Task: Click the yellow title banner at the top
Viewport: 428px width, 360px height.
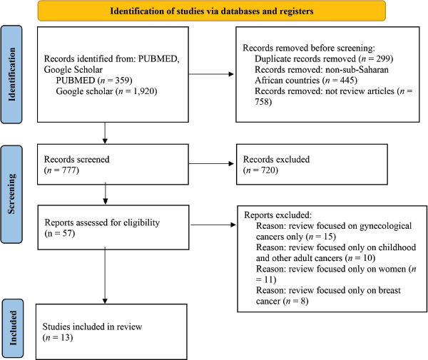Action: coord(212,11)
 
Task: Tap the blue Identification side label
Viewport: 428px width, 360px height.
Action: coord(11,74)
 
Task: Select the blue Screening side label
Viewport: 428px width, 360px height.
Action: coord(11,194)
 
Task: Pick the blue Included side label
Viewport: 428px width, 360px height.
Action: coord(13,328)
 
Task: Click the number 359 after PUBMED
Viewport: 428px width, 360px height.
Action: coord(122,80)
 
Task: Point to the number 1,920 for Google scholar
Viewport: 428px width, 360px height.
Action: coord(143,91)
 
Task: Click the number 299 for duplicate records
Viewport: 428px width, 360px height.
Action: coord(384,58)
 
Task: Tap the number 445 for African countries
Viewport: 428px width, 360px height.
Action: coord(347,80)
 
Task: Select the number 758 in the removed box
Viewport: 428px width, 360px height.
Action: coord(262,102)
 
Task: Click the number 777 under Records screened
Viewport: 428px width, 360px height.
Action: coord(69,170)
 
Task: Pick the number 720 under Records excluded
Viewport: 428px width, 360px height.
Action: coord(269,170)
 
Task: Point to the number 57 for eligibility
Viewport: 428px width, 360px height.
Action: coord(67,233)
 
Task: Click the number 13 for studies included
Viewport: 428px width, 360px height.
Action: coord(66,338)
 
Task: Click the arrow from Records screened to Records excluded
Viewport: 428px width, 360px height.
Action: coord(211,164)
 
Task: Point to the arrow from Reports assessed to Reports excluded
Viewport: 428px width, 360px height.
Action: coord(213,225)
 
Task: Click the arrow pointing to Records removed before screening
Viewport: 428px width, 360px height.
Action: coord(211,74)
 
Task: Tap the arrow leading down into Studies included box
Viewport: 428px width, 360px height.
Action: coord(105,275)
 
